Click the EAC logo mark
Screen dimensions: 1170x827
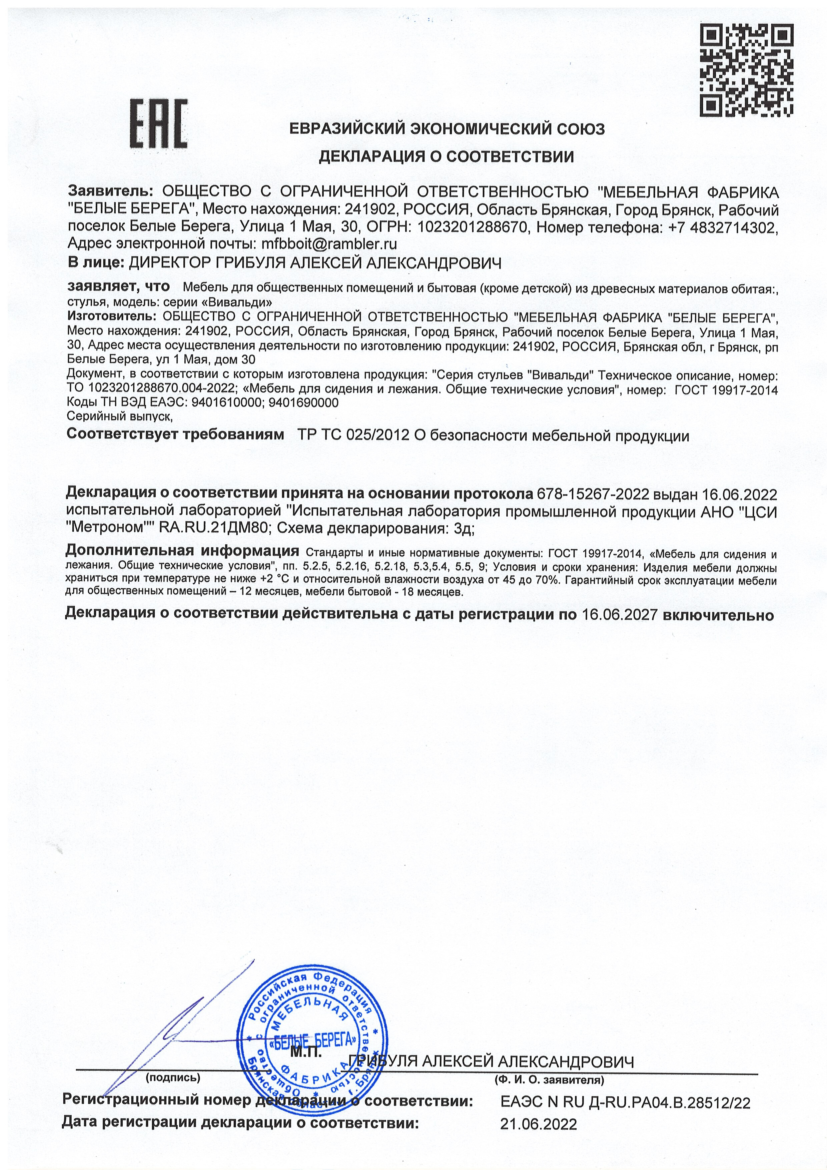(x=159, y=124)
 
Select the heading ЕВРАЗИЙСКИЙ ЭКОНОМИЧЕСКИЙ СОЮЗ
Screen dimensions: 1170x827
(x=447, y=129)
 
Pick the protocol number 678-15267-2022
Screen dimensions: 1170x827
(x=592, y=494)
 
